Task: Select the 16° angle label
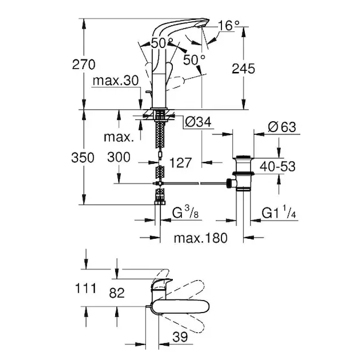228,25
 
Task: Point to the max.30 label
115,81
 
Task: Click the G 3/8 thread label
188,213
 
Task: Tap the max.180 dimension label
201,238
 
